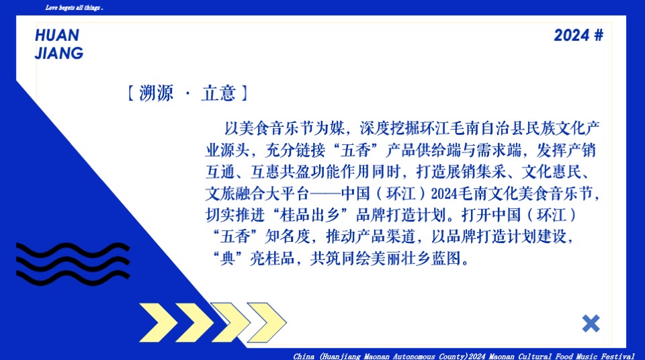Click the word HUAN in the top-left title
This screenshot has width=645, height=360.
pyautogui.click(x=57, y=35)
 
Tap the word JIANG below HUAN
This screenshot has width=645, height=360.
pyautogui.click(x=59, y=53)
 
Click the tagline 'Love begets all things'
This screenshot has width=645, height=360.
pyautogui.click(x=74, y=8)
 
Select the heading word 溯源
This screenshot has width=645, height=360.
pyautogui.click(x=156, y=93)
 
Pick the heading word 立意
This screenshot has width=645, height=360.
pyautogui.click(x=218, y=93)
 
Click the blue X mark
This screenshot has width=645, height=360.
pyautogui.click(x=591, y=323)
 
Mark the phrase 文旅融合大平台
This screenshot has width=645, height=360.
pyautogui.click(x=257, y=194)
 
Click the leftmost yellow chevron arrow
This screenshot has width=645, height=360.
pyautogui.click(x=158, y=322)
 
